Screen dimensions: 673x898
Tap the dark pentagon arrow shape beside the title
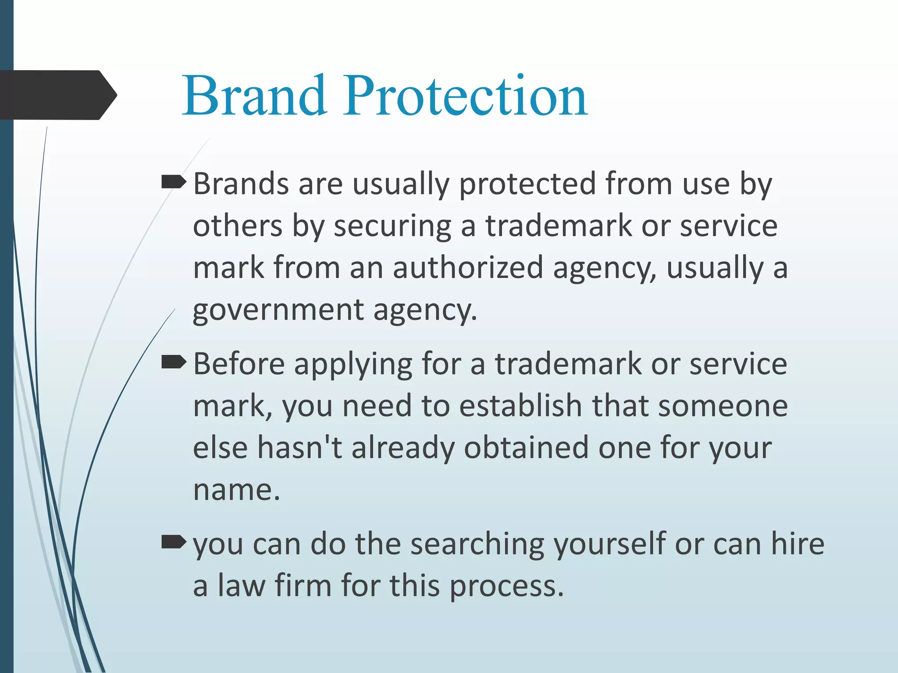[57, 95]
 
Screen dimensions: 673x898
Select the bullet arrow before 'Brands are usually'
[174, 181]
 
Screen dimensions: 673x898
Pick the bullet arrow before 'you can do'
[174, 542]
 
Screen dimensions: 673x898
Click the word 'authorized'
[468, 268]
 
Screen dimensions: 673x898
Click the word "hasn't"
[299, 448]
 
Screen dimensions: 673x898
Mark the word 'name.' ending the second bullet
[236, 490]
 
